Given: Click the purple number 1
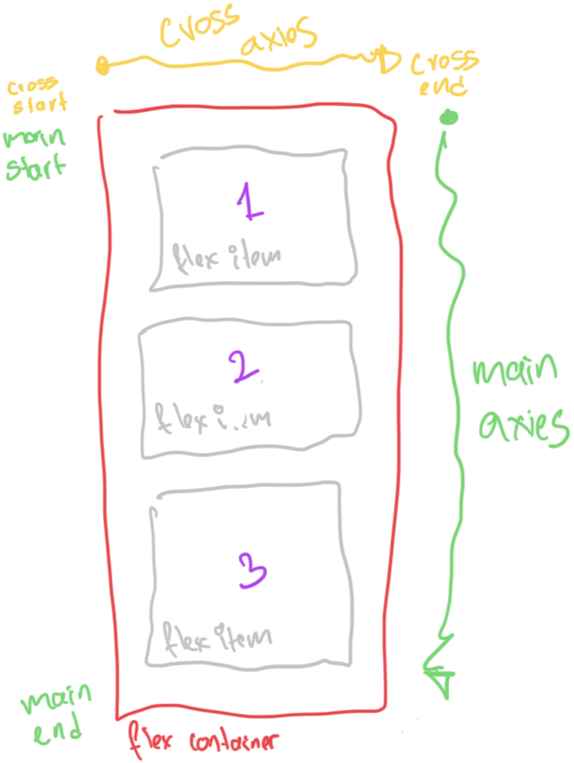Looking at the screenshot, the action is click(x=251, y=203).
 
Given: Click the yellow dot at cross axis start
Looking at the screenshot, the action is click(x=103, y=64).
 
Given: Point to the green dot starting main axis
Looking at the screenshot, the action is click(x=449, y=116).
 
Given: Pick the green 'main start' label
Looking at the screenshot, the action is click(x=34, y=152).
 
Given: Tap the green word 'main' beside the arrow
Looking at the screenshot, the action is click(x=515, y=374).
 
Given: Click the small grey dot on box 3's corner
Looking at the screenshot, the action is click(x=153, y=511).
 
